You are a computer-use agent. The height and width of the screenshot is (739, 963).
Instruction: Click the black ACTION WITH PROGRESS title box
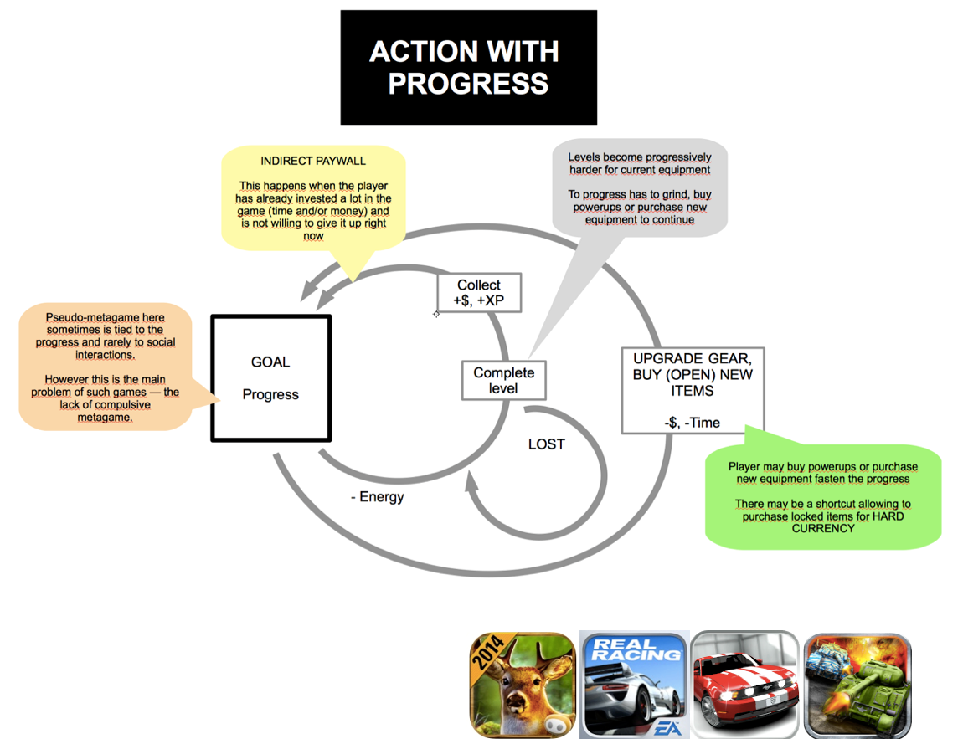[468, 67]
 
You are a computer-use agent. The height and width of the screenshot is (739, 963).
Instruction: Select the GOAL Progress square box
[270, 377]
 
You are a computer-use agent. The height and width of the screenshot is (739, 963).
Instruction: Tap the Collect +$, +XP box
[479, 293]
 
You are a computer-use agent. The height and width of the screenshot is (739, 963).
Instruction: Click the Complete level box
[503, 380]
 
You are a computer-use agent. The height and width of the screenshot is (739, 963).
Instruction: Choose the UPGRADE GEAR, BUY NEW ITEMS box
[693, 390]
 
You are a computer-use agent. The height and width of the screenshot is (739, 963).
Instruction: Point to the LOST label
[546, 444]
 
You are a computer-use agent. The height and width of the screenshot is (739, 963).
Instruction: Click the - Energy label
[377, 497]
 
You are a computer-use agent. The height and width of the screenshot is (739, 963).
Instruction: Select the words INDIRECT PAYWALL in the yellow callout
[313, 161]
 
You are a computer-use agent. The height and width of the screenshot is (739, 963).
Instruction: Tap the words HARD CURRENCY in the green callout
[823, 522]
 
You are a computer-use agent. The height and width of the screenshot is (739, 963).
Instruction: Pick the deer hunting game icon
[523, 684]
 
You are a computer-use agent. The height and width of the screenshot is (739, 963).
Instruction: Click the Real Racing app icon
[634, 684]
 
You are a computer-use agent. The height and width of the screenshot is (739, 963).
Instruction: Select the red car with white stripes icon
[745, 684]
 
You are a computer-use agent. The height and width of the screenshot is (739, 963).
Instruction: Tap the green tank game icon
[857, 684]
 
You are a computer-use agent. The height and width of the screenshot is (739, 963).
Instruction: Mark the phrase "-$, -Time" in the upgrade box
[692, 423]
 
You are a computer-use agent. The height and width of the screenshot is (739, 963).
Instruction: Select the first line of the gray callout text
[640, 157]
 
